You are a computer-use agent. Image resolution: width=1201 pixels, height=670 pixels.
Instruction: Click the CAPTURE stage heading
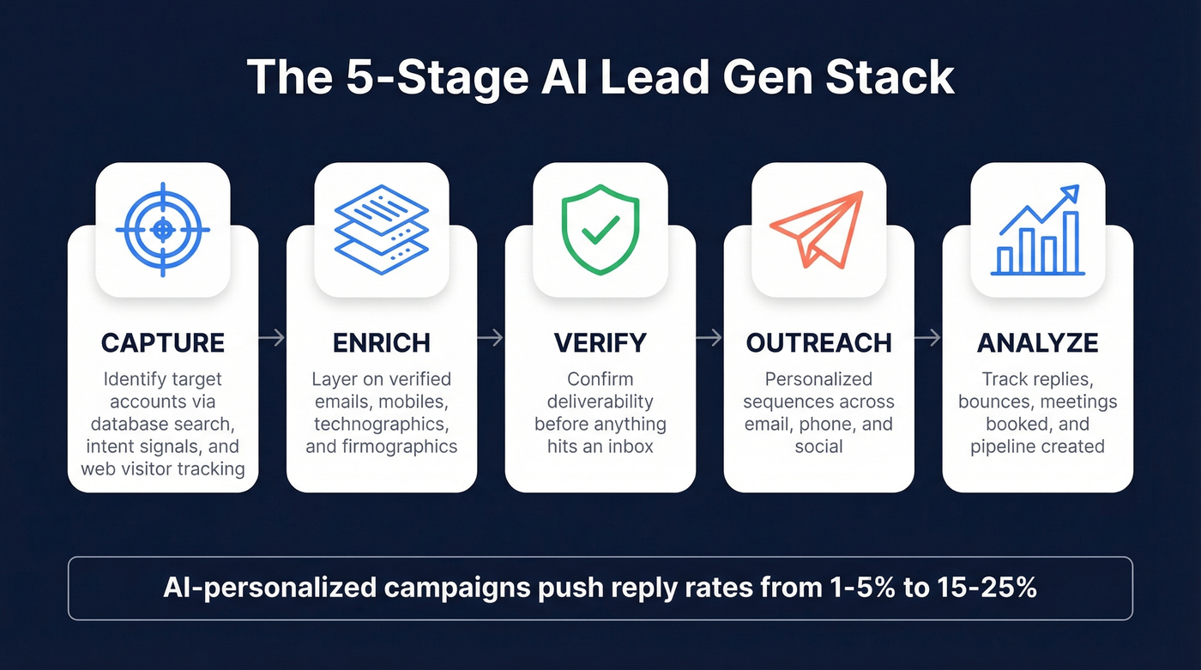(x=163, y=343)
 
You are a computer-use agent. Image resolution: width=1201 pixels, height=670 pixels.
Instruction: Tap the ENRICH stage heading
(x=382, y=343)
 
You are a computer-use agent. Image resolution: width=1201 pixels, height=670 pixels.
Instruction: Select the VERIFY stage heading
(x=600, y=343)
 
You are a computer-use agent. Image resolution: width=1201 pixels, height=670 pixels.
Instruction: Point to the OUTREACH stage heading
(x=819, y=343)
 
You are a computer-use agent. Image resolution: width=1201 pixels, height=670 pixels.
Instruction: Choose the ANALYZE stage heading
(x=1038, y=343)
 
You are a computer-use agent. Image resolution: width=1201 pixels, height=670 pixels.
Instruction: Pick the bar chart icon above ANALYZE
(x=1038, y=232)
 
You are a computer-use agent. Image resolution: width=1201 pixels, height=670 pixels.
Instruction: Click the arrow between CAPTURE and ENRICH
(x=272, y=339)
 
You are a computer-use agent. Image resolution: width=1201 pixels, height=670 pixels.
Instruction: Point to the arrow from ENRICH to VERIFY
(x=491, y=339)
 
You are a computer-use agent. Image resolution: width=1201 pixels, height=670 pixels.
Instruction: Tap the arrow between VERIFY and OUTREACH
(x=709, y=339)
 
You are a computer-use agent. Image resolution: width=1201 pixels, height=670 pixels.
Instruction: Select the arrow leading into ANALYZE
(x=928, y=339)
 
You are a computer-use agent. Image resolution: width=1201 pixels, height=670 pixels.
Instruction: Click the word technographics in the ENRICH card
(x=382, y=424)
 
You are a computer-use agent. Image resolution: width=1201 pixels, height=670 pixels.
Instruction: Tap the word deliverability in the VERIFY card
(x=600, y=401)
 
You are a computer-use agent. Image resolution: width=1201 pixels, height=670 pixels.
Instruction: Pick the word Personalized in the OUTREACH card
(x=819, y=379)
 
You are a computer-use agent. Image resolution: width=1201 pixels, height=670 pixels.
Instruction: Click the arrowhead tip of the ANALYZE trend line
(x=1076, y=189)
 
